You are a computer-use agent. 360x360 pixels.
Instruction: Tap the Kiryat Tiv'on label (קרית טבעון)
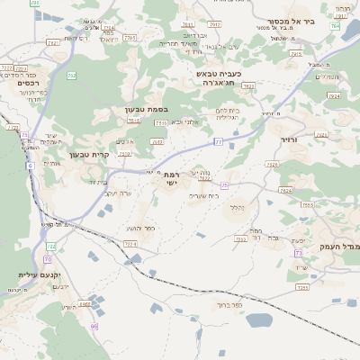[x=89, y=154]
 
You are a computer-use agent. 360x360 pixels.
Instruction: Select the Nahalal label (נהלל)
[x=237, y=208]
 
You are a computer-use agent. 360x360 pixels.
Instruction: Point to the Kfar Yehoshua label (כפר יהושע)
[x=139, y=229]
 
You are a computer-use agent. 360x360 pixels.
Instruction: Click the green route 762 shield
[x=71, y=76]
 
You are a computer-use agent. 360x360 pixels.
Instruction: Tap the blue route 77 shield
[x=218, y=141]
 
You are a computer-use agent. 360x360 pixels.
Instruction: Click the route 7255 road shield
[x=302, y=287]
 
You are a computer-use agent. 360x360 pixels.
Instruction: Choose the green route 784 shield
[x=335, y=26]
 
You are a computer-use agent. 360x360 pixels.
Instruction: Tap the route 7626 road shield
[x=285, y=190]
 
